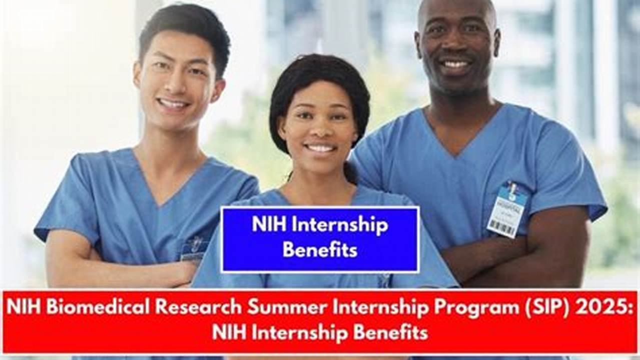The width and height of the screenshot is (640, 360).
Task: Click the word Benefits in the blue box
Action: coord(320,250)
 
